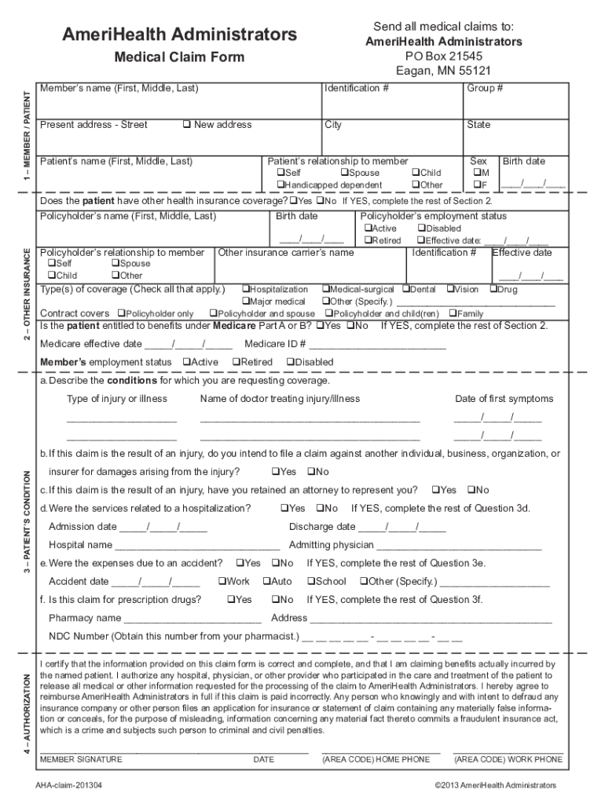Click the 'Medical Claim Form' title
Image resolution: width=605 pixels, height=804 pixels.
179,57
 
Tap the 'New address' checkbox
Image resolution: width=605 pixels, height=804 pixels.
187,125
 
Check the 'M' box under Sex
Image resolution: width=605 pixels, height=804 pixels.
475,173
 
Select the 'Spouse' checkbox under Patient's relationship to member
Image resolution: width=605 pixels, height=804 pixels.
344,173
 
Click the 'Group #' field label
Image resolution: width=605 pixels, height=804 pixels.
480,88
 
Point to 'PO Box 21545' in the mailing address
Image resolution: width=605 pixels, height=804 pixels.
443,57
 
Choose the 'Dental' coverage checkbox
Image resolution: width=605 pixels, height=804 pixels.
406,289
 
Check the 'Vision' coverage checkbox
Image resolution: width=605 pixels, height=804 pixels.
450,289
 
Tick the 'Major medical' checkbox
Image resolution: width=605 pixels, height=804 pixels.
245,301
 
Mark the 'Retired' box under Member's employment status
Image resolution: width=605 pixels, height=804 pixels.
236,362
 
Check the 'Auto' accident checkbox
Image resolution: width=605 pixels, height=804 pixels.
266,582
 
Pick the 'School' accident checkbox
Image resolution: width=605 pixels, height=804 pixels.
310,582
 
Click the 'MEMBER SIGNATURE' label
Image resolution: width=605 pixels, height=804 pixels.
81,759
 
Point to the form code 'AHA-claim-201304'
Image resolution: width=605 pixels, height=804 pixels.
68,785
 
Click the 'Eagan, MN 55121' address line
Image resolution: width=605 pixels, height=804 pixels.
443,71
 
